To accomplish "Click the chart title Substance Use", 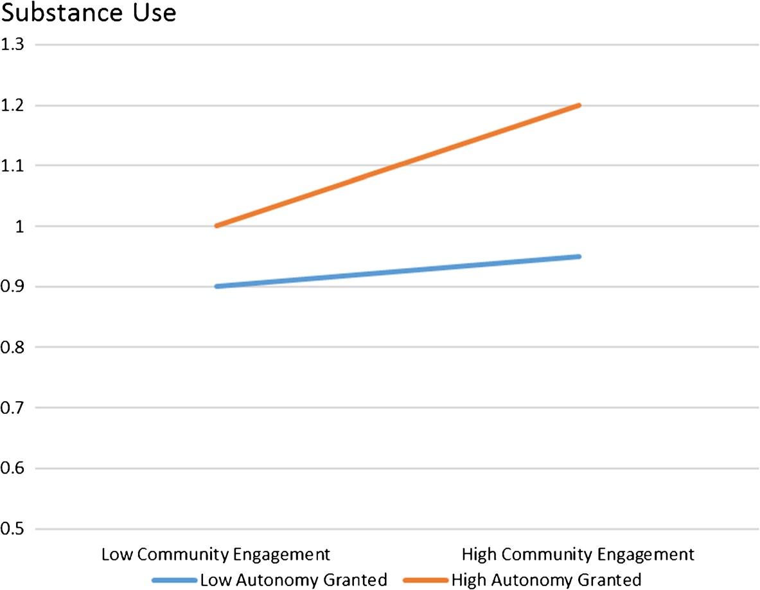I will click(x=88, y=13).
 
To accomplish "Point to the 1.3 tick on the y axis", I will click(x=12, y=44).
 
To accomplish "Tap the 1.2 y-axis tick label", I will click(x=12, y=105).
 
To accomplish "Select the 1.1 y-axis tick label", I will click(x=12, y=165).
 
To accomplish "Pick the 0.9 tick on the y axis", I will click(x=12, y=287).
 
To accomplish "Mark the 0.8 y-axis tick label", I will click(x=12, y=347).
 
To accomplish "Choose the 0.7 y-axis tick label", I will click(x=12, y=407).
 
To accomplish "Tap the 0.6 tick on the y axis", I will click(x=12, y=469).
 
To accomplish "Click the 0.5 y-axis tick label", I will click(x=12, y=529).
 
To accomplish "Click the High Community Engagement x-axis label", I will click(x=578, y=554).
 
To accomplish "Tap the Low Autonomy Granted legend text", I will click(x=294, y=578).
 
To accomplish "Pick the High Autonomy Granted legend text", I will click(x=546, y=578).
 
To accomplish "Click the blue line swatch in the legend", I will click(x=174, y=580).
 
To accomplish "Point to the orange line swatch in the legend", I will click(x=425, y=580).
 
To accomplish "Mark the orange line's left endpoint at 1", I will click(x=216, y=226).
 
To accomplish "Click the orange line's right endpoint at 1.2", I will click(x=579, y=105).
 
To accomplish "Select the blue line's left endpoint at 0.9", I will click(x=216, y=287).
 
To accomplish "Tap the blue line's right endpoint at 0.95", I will click(x=579, y=256).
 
